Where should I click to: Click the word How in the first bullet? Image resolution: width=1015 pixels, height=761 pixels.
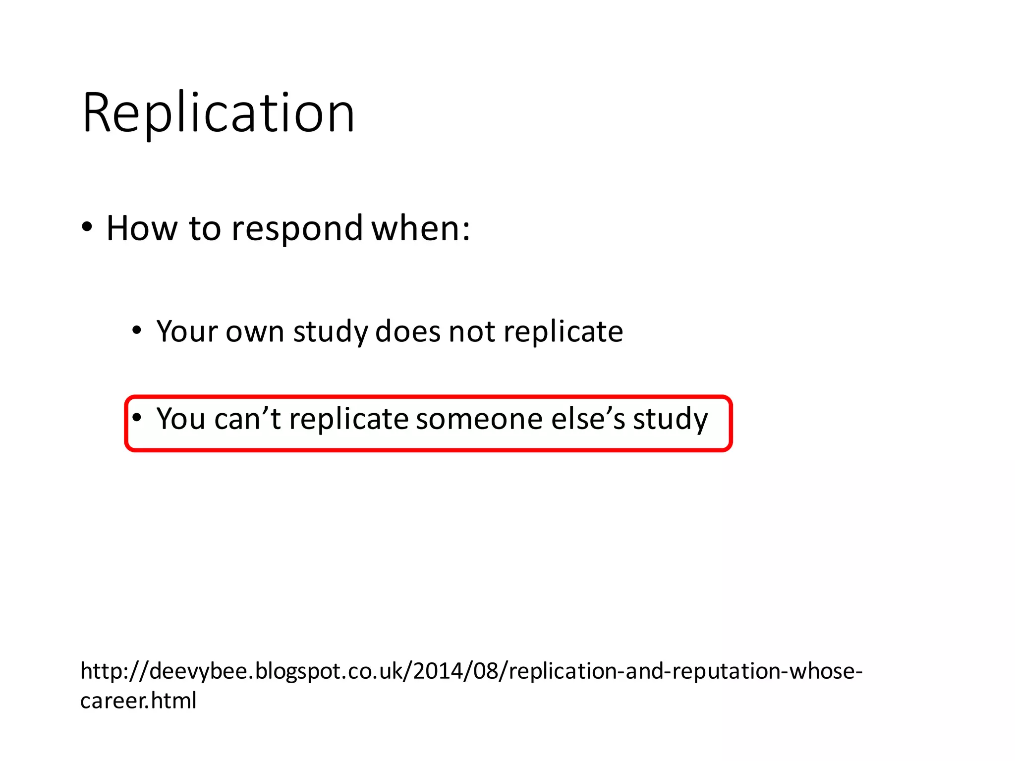tap(142, 229)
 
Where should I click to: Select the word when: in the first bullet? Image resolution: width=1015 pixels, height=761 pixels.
tap(421, 229)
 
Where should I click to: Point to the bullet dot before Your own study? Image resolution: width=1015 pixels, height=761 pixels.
tap(137, 330)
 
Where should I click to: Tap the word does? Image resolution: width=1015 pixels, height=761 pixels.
tap(407, 331)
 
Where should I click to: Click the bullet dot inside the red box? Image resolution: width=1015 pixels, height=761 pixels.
tap(137, 417)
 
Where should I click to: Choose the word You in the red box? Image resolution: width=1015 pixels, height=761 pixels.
tap(181, 419)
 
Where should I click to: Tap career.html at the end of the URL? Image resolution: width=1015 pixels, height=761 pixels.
tap(138, 701)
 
